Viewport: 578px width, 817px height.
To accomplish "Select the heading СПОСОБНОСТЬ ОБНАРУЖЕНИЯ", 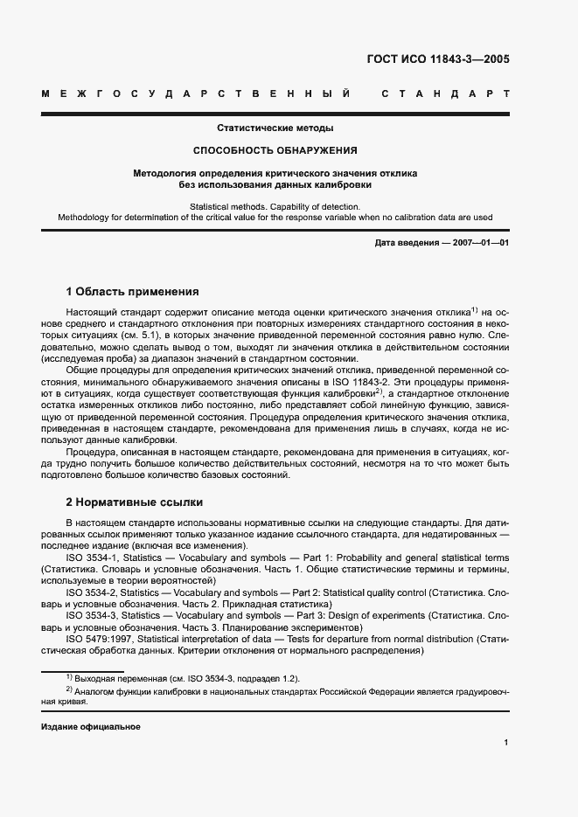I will point(275,150).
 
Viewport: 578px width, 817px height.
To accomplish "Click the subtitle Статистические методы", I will point(275,128).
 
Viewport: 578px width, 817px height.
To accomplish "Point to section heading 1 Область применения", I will point(133,291).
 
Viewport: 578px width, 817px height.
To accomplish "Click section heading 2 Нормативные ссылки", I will point(135,502).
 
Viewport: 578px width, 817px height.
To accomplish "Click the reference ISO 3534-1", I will point(95,557).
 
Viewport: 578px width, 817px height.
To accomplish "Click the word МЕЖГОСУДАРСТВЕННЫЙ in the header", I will point(197,93).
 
